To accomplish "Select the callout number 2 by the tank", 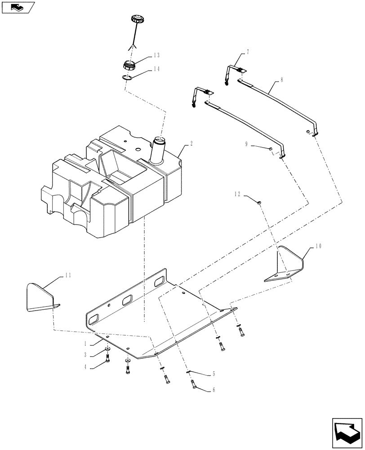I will pyautogui.click(x=191, y=144).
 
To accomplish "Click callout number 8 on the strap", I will pyautogui.click(x=281, y=80).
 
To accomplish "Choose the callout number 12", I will pyautogui.click(x=237, y=194).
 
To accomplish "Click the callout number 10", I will pyautogui.click(x=318, y=246).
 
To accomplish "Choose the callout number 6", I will pyautogui.click(x=214, y=390).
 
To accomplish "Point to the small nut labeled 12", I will pyautogui.click(x=260, y=204).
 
